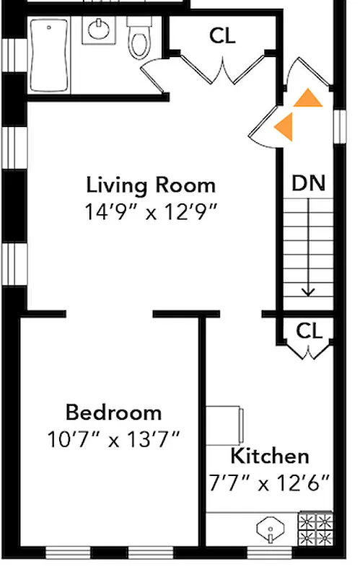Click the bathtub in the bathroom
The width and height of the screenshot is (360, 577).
(50, 56)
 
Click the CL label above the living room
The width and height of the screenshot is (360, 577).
(222, 35)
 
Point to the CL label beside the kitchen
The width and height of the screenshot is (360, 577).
(309, 331)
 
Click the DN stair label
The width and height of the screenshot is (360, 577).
(309, 182)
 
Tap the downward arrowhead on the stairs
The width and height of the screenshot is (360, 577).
(309, 291)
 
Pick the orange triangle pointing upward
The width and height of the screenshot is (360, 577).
(308, 98)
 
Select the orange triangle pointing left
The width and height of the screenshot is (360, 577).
(285, 125)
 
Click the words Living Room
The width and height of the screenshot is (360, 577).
(151, 185)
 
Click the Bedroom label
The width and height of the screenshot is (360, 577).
(113, 413)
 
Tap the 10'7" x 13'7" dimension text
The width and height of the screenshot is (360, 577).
(113, 439)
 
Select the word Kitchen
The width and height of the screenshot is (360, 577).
(270, 456)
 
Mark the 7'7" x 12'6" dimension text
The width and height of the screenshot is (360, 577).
(270, 482)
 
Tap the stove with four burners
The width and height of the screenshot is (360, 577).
(315, 530)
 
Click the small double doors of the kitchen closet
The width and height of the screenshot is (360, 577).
(309, 353)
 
